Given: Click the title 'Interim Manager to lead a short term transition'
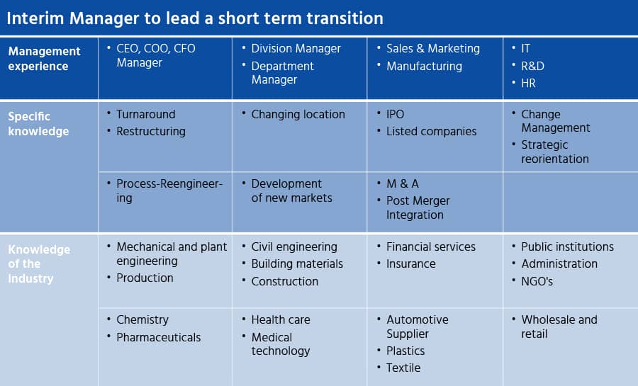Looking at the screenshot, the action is [x=195, y=18].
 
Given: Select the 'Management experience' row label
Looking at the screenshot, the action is [x=45, y=59].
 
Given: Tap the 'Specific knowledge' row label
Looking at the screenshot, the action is [x=39, y=123].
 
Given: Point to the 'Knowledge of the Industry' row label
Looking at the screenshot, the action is [x=39, y=263].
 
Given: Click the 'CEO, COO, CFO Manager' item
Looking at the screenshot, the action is [x=156, y=55].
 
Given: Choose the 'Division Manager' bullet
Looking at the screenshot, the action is [x=296, y=48].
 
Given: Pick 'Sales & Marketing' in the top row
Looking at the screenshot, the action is [x=433, y=48].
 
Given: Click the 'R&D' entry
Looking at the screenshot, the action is [x=532, y=66].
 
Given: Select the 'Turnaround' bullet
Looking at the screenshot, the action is [x=145, y=114].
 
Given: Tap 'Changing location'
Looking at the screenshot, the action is [x=298, y=115].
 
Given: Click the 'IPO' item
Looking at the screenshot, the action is [x=395, y=114].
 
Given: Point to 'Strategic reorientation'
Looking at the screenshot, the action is [x=555, y=152].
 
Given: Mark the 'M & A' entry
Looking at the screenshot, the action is [x=403, y=183].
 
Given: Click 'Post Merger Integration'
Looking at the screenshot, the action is [x=418, y=208].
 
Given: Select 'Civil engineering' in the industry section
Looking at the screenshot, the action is [x=294, y=247].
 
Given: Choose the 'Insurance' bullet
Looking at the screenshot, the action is [x=411, y=264].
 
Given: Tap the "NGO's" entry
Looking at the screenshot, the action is [x=537, y=281].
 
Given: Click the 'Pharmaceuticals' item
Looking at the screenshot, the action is [x=158, y=337].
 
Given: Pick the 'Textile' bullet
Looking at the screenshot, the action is [x=403, y=368].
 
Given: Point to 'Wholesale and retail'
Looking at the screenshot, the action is [x=559, y=327].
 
